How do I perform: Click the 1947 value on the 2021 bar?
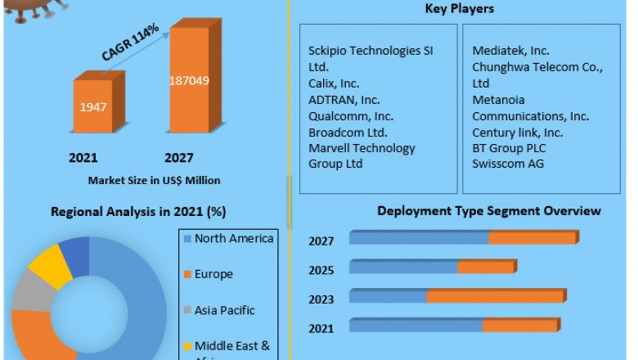(92, 106)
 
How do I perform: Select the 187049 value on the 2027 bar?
(191, 79)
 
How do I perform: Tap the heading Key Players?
(459, 10)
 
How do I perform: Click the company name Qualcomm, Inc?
(351, 115)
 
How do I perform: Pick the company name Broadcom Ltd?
(348, 132)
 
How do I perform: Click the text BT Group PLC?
(509, 148)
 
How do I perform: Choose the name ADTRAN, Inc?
(344, 99)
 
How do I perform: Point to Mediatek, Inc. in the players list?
(510, 51)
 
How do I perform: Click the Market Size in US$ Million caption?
(154, 180)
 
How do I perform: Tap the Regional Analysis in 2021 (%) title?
(138, 211)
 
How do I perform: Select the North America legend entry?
(234, 238)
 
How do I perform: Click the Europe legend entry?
(213, 274)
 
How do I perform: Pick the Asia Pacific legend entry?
(225, 310)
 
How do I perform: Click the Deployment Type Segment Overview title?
(488, 211)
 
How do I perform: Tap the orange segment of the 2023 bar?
(495, 296)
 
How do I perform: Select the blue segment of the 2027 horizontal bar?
(419, 237)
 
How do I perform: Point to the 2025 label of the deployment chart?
(321, 270)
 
